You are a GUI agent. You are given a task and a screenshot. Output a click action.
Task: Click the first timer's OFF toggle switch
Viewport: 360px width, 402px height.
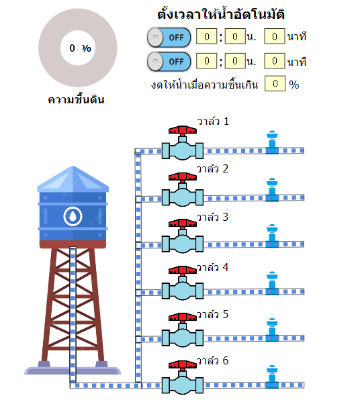click(x=169, y=38)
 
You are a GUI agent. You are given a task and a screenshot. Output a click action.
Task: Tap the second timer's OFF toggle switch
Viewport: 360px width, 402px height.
click(x=169, y=62)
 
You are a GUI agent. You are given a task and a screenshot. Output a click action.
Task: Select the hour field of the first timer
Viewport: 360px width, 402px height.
click(x=207, y=36)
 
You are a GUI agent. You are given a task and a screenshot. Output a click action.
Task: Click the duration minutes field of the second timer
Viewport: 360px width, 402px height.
click(x=275, y=61)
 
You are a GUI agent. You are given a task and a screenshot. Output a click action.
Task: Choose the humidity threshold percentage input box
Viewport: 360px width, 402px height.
click(x=275, y=83)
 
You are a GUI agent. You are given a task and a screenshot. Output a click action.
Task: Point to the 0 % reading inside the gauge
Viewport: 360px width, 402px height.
click(x=80, y=48)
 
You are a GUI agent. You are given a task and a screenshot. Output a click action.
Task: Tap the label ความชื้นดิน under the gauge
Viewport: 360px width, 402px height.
click(x=76, y=99)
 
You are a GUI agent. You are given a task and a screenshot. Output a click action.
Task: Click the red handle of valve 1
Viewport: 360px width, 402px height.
click(x=183, y=130)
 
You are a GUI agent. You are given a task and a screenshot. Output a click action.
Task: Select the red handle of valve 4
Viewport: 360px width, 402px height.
click(x=183, y=270)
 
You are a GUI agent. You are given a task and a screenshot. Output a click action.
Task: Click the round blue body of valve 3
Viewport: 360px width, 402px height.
click(x=183, y=244)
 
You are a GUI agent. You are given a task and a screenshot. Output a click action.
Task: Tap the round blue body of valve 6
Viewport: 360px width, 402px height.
click(x=183, y=385)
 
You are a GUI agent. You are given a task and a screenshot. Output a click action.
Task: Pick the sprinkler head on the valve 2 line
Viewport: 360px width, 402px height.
click(x=272, y=190)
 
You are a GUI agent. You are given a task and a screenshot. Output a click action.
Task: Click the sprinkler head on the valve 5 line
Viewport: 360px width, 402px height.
click(x=272, y=330)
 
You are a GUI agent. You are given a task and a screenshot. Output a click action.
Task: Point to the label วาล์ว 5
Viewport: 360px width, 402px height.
click(x=212, y=314)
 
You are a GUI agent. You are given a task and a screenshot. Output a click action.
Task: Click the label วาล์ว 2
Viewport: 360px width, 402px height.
click(x=212, y=168)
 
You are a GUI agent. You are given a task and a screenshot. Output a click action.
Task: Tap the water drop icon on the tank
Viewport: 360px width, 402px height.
click(x=73, y=216)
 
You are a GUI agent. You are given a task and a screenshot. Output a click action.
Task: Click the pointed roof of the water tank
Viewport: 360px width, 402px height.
click(x=73, y=179)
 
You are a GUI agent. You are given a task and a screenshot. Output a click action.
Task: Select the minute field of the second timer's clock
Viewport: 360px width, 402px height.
click(x=235, y=61)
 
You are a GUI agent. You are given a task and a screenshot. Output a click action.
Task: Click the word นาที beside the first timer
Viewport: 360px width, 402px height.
click(x=297, y=37)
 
